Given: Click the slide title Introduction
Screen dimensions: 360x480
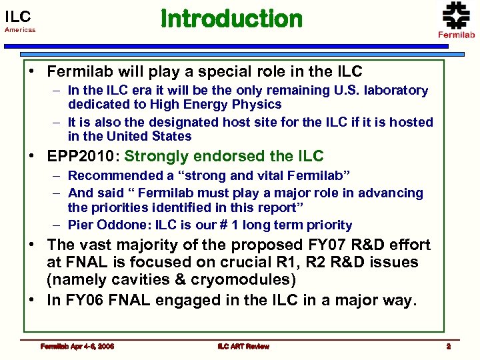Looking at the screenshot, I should [x=231, y=19].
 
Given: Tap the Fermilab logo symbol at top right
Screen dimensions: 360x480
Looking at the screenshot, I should [x=456, y=15].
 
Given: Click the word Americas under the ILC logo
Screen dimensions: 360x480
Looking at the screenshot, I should [x=20, y=30].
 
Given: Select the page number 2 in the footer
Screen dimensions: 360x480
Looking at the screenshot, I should [x=449, y=346].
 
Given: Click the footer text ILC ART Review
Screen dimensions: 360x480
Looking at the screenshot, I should [x=243, y=346].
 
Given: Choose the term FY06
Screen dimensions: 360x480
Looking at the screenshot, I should [x=83, y=300].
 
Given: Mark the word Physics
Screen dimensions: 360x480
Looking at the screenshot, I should [x=257, y=104].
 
